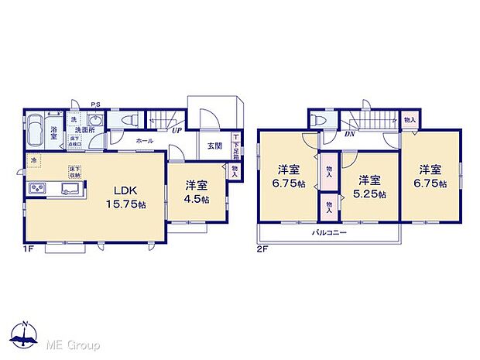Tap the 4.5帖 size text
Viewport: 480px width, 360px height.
pyautogui.click(x=197, y=200)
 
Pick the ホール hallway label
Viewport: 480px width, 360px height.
pyautogui.click(x=144, y=142)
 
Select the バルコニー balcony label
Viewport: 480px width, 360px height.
pyautogui.click(x=330, y=233)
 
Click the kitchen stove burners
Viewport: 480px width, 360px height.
pyautogui.click(x=36, y=190)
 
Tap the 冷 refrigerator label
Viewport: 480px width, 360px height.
pyautogui.click(x=33, y=160)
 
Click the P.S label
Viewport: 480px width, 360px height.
pyautogui.click(x=95, y=105)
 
